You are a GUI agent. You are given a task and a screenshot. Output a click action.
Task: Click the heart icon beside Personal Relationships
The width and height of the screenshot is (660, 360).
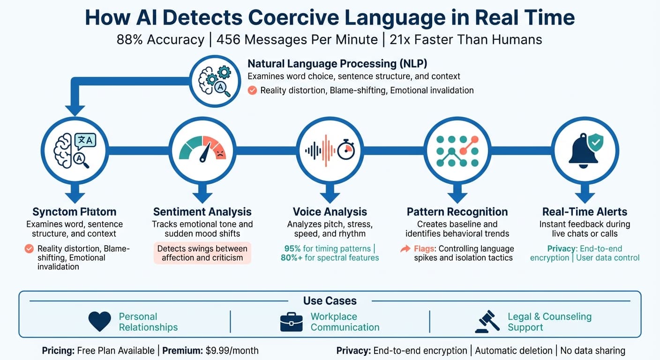pyautogui.click(x=100, y=322)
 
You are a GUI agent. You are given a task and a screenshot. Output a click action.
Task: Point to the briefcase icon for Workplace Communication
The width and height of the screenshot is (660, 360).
pyautogui.click(x=291, y=322)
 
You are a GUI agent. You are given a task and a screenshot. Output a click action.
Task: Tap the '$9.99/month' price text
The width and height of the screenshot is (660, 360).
pyautogui.click(x=232, y=350)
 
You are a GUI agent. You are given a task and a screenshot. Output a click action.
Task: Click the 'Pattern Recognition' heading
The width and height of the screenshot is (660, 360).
pyautogui.click(x=457, y=212)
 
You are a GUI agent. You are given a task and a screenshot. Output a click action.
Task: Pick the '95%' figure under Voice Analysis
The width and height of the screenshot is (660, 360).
pyautogui.click(x=294, y=248)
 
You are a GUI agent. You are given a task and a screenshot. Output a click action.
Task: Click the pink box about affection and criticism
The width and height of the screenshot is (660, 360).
pyautogui.click(x=202, y=253)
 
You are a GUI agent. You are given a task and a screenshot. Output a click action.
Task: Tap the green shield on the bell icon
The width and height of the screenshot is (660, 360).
pyautogui.click(x=595, y=142)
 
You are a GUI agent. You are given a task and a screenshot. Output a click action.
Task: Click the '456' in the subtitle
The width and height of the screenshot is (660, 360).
pyautogui.click(x=226, y=39)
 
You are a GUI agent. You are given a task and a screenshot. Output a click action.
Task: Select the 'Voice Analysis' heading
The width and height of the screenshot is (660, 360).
pyautogui.click(x=330, y=212)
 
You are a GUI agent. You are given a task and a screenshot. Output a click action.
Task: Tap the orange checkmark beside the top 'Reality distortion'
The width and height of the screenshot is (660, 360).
pyautogui.click(x=252, y=90)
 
